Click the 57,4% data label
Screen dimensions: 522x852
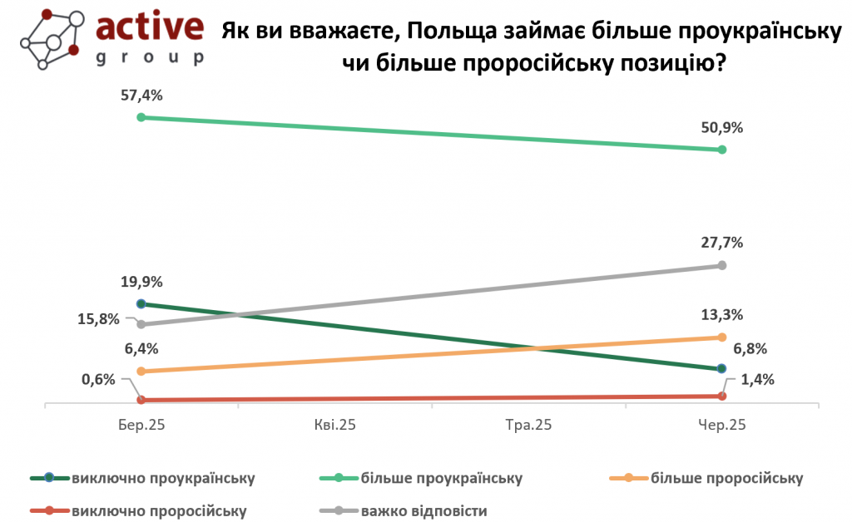click(x=141, y=96)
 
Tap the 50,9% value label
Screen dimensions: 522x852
click(x=721, y=128)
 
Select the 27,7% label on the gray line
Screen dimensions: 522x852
click(x=721, y=243)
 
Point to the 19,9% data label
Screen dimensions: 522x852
click(x=141, y=282)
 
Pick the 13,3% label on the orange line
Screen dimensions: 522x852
click(x=721, y=315)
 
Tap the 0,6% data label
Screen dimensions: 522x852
click(x=98, y=379)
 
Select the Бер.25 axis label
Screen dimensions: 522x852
click(x=141, y=425)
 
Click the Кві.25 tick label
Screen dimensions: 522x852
click(x=335, y=425)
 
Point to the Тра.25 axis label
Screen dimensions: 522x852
click(x=528, y=425)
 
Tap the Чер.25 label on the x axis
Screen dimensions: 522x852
click(x=721, y=425)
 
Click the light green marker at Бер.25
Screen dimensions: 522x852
click(x=141, y=117)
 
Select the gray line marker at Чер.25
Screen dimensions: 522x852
click(x=721, y=265)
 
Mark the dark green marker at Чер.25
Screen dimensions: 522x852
click(x=721, y=369)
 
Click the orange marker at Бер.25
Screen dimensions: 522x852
click(x=141, y=372)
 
